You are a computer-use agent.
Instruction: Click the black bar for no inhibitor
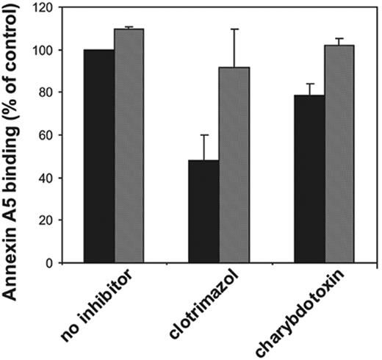pyautogui.click(x=98, y=156)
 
